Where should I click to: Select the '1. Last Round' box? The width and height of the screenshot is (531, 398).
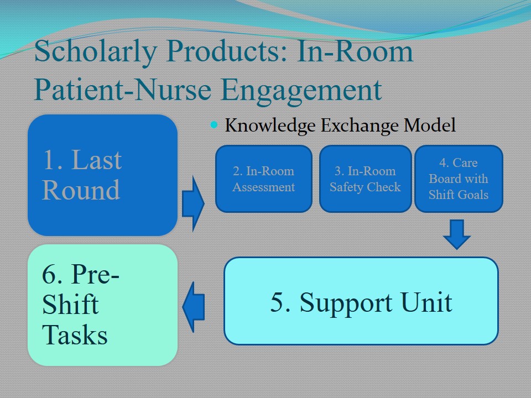102,175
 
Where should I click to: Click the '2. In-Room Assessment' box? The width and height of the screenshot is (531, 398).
263,179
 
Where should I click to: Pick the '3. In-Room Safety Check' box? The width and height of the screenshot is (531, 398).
365,179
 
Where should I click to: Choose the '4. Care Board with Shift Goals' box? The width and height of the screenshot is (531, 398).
459,179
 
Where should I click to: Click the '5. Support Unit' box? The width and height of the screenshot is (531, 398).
361,301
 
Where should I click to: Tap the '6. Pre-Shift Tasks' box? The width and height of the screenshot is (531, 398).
102,305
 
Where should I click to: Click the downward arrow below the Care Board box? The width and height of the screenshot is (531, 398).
457,234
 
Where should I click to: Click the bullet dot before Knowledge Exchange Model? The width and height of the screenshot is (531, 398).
215,125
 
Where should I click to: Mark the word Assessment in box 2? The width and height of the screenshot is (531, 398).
263,187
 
